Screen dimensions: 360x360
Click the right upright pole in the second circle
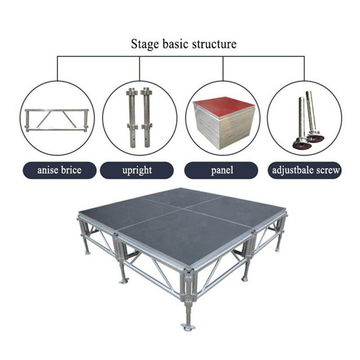147,117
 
